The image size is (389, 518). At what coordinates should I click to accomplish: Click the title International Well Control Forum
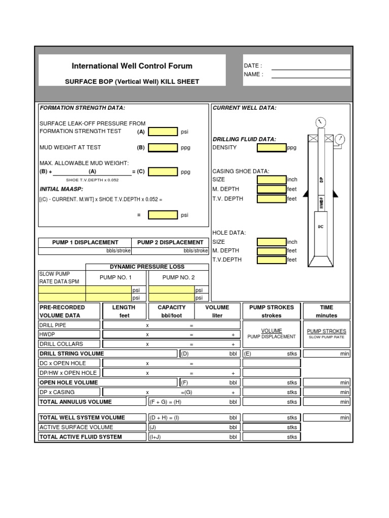132,66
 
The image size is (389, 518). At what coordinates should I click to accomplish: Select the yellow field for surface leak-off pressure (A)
163,132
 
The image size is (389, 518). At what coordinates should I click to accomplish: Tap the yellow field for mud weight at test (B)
163,148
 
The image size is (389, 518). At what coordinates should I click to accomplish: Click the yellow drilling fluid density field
271,148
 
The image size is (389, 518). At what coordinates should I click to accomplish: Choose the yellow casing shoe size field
271,180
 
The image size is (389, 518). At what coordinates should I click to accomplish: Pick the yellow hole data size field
271,242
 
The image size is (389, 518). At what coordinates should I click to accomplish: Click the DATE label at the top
253,66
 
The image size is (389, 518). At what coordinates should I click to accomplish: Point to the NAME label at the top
253,74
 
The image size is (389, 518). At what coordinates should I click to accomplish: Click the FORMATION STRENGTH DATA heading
82,108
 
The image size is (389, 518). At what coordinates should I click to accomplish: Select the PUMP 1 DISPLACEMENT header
85,242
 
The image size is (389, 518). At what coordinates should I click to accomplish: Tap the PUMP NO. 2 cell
178,277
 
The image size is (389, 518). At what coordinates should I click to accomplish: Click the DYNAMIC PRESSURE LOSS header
147,267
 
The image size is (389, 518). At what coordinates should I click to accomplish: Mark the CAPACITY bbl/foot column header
172,311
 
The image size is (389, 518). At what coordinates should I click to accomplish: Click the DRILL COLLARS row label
61,344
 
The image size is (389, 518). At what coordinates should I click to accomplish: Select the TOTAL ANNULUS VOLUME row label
75,402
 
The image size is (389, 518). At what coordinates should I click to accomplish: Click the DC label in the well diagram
321,227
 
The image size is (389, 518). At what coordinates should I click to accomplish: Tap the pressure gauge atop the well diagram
320,122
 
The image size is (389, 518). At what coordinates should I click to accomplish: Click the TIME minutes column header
326,311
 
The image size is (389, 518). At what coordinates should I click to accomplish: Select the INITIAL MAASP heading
58,189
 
